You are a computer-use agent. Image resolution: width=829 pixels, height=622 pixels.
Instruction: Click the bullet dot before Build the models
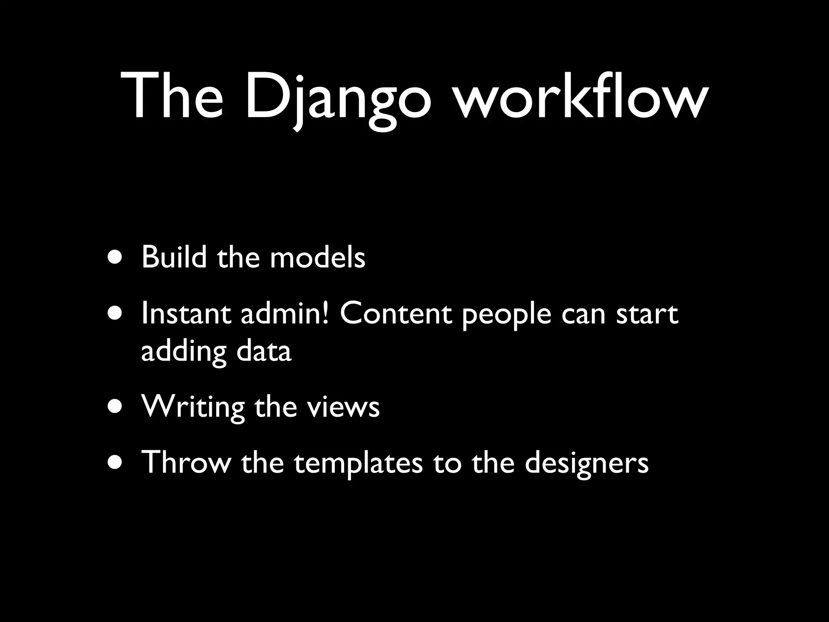click(115, 258)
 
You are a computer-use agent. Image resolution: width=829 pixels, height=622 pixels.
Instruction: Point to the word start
click(647, 314)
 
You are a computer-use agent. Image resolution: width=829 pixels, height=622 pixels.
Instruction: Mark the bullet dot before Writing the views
click(115, 407)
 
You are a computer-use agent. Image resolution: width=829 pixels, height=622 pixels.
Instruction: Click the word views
click(343, 407)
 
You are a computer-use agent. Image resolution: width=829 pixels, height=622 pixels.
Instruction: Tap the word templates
click(358, 462)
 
